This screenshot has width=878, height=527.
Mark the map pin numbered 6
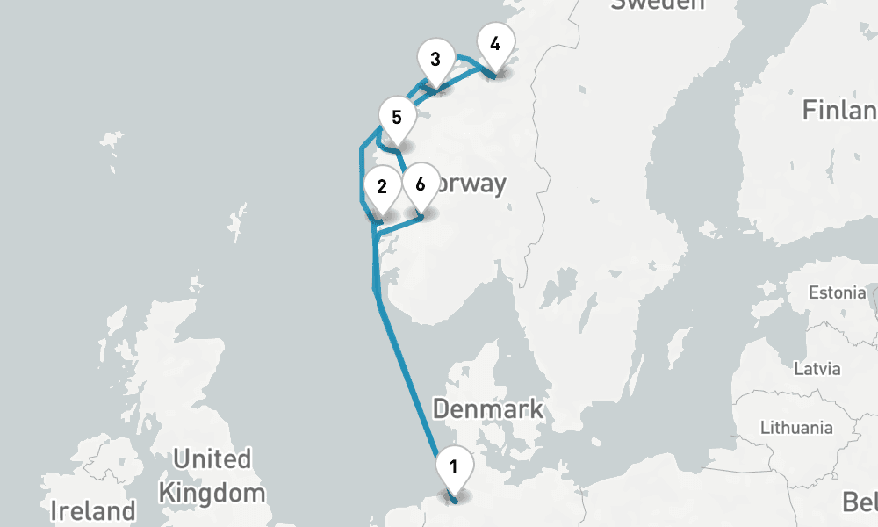420,185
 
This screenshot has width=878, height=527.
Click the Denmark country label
487,409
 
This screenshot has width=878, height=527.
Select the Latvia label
817,369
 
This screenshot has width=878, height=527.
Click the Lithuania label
796,428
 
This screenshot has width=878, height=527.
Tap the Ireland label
93,510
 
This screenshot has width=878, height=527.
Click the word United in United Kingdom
212,458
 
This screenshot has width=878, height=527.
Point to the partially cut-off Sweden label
658,5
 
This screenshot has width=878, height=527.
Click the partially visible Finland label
839,111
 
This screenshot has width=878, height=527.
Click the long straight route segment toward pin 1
407,378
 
